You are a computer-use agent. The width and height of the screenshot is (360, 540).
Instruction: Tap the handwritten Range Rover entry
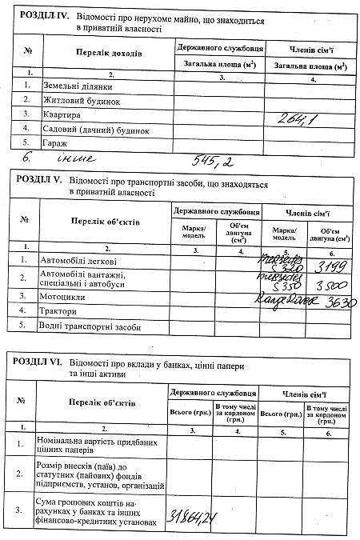coord(285,299)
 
